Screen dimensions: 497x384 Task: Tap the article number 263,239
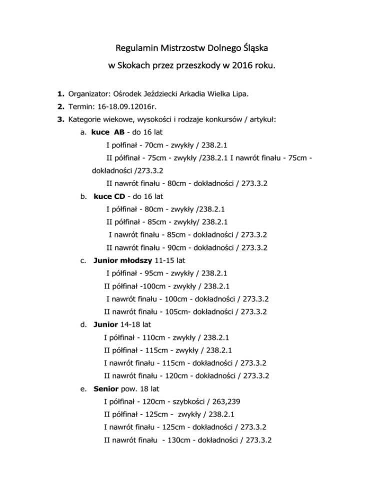click(x=237, y=401)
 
